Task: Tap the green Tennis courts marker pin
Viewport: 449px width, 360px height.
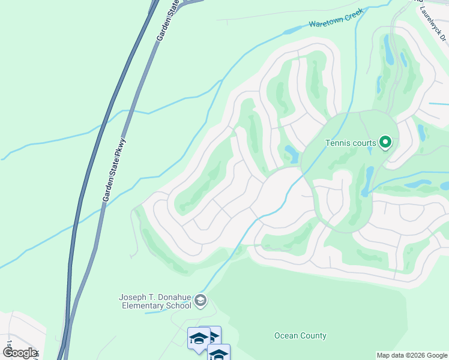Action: click(x=386, y=143)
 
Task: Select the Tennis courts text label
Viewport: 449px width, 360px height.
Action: click(x=350, y=143)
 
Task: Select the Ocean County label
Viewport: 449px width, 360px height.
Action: click(x=300, y=335)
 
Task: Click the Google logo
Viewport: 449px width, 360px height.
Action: click(x=20, y=352)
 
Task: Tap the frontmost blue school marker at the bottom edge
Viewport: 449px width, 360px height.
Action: click(x=218, y=354)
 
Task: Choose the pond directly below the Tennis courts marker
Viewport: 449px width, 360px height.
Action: click(x=368, y=180)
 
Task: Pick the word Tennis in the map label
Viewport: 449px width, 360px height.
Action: click(x=337, y=143)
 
